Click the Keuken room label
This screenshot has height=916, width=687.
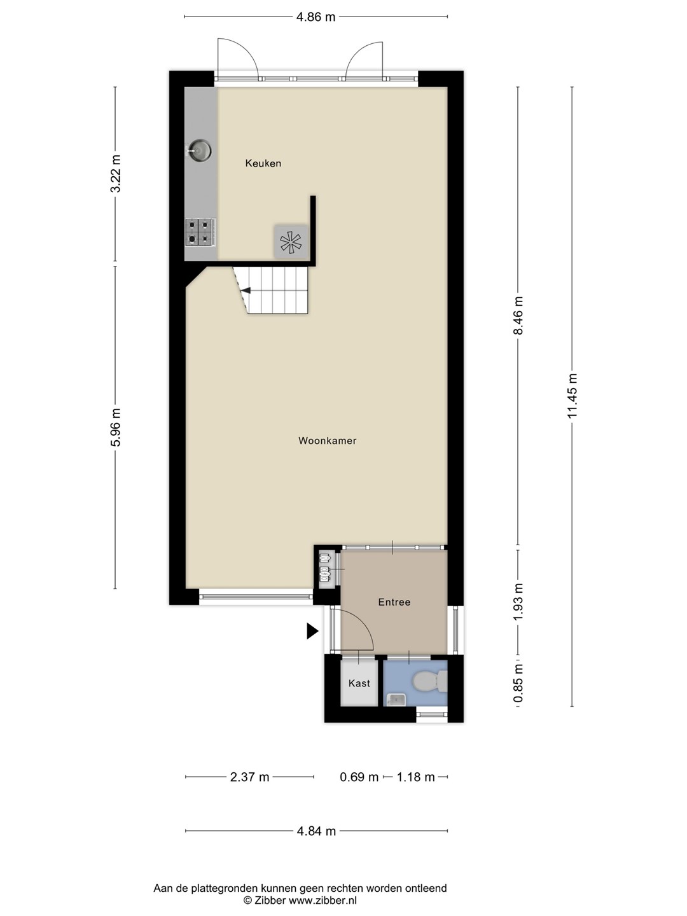tap(263, 163)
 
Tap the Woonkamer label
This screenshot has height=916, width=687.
tap(327, 441)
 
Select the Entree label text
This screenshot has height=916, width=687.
tap(394, 602)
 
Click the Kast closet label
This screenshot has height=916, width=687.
tap(359, 683)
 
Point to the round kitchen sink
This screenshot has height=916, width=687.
tap(199, 150)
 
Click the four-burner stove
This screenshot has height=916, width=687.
tap(200, 232)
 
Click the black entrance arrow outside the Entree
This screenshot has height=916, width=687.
tap(312, 631)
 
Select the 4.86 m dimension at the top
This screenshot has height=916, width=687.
tap(316, 17)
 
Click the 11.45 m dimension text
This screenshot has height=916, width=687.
tap(572, 396)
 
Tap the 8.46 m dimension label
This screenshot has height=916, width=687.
tap(518, 316)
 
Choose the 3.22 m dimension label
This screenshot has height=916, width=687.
tap(115, 174)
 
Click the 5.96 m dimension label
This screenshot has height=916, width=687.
tap(115, 427)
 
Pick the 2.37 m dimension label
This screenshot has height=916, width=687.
tap(249, 777)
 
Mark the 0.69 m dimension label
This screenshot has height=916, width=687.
tap(359, 777)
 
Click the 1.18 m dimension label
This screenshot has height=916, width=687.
tap(415, 777)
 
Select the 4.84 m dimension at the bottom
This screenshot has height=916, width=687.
tap(316, 831)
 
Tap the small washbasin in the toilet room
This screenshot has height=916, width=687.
tap(394, 698)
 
